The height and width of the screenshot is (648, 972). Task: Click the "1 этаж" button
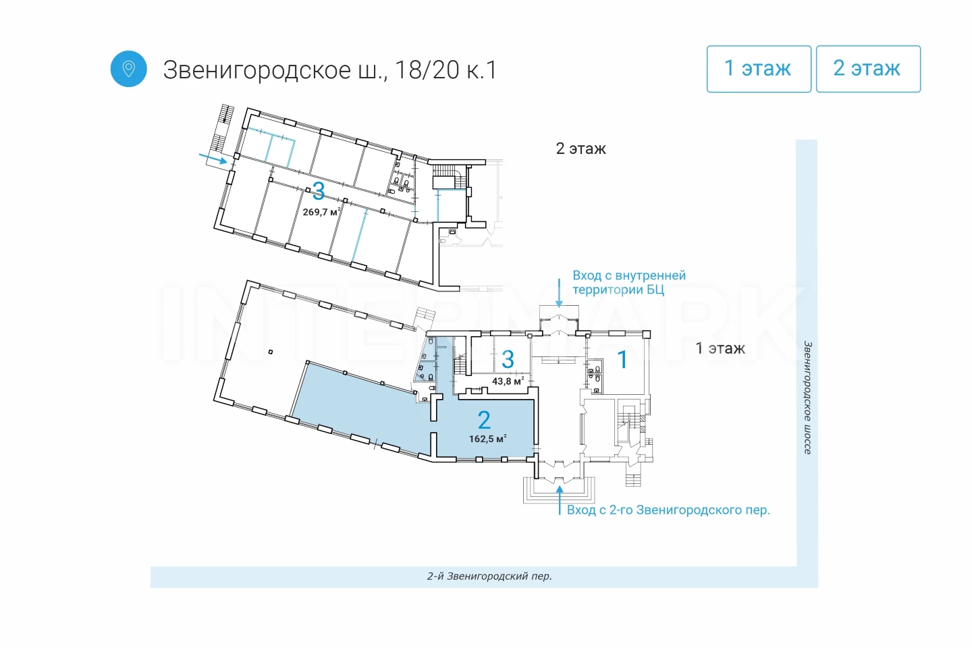(x=759, y=69)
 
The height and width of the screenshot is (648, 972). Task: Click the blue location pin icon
(x=128, y=69)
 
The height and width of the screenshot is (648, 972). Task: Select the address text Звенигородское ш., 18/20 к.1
(x=330, y=70)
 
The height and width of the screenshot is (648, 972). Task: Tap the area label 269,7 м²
(x=321, y=212)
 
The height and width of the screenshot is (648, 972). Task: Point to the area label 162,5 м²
(x=488, y=438)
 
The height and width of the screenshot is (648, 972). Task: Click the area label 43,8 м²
(x=508, y=381)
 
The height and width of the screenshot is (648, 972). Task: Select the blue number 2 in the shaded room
(x=484, y=420)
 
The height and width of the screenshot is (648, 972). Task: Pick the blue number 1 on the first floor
(x=622, y=359)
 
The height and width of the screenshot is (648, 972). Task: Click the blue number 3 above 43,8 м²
(x=508, y=359)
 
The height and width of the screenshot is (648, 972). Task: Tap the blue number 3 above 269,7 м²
(x=318, y=191)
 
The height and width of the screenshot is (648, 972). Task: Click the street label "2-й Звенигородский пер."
(x=489, y=576)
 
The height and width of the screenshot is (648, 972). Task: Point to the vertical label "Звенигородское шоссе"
(x=807, y=398)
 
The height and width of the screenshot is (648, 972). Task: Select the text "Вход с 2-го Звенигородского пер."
(x=668, y=510)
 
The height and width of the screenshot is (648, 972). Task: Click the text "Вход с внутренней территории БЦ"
(x=629, y=282)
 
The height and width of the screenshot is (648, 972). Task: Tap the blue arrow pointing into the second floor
(x=213, y=159)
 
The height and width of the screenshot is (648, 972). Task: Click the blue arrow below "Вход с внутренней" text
(x=559, y=293)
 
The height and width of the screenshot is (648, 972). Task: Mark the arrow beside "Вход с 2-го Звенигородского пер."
(x=560, y=500)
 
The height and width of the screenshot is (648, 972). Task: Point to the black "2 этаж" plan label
(x=580, y=149)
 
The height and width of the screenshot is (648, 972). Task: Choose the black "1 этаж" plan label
(x=720, y=348)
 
